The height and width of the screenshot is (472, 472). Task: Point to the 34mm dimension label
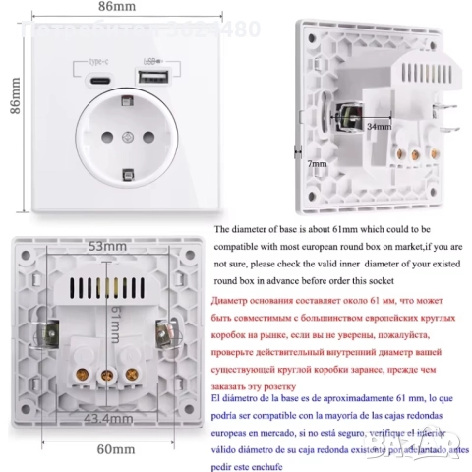(377, 127)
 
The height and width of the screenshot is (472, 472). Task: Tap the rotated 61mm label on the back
(114, 319)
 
